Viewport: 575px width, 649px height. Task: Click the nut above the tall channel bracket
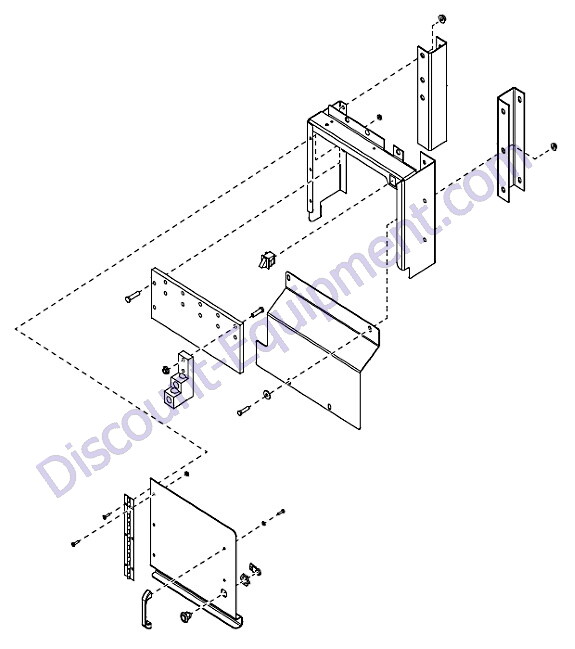point(442,18)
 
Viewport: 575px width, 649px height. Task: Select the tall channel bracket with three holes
point(432,93)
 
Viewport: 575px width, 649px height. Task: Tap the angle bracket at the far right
point(511,145)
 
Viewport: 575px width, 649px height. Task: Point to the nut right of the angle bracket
point(553,147)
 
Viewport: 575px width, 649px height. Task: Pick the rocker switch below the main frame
point(265,261)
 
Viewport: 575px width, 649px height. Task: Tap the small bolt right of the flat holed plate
point(257,311)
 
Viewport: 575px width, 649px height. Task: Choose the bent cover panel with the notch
point(319,352)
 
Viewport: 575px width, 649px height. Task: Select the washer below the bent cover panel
point(267,394)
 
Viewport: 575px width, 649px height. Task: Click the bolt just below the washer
point(244,411)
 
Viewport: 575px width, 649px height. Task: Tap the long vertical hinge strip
point(130,536)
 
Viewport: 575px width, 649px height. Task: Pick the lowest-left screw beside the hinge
point(75,543)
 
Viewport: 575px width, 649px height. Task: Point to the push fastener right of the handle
point(185,616)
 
